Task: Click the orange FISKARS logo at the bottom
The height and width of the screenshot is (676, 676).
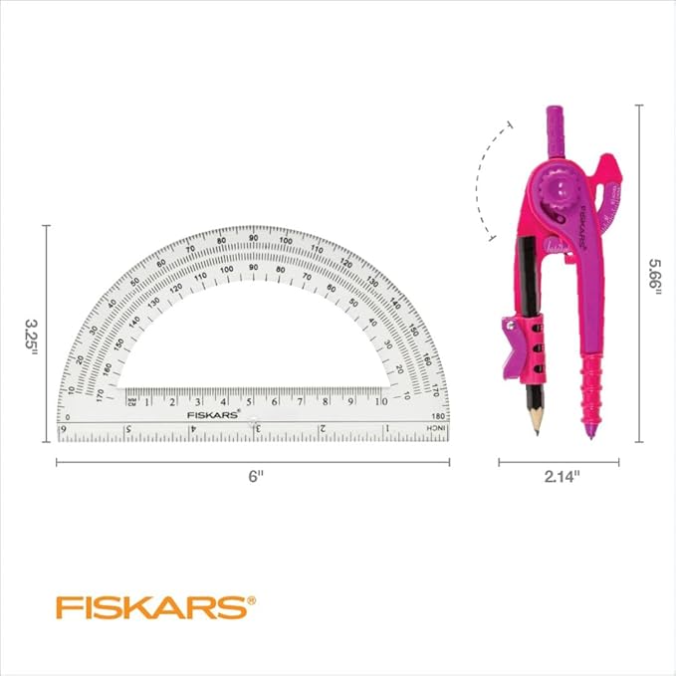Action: click(x=155, y=606)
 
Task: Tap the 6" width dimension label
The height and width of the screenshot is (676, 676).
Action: click(x=256, y=477)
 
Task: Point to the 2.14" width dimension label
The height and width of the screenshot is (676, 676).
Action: click(x=562, y=477)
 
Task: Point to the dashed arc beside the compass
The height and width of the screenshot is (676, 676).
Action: click(x=481, y=179)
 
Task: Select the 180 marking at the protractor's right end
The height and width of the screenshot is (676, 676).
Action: click(x=438, y=416)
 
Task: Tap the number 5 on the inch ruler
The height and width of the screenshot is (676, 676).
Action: click(x=128, y=429)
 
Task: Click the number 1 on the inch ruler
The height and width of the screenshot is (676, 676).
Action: click(x=386, y=428)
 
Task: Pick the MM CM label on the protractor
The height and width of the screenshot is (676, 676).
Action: click(x=132, y=401)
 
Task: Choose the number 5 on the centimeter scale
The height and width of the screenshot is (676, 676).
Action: click(x=249, y=401)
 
